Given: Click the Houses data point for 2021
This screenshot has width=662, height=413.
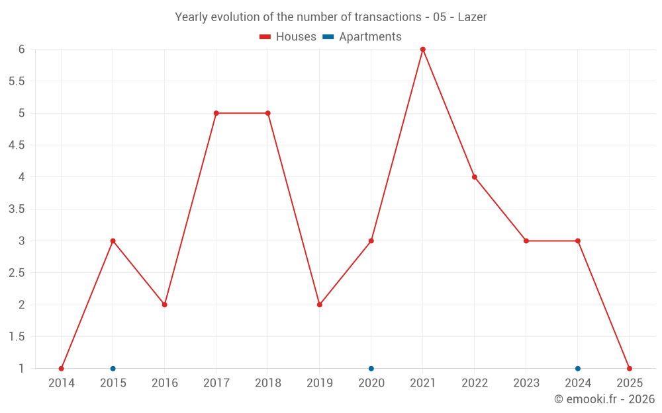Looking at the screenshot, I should tap(423, 50).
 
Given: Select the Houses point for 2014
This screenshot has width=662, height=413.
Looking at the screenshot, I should tap(62, 369).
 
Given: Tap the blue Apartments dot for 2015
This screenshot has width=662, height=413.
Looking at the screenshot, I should tap(113, 369).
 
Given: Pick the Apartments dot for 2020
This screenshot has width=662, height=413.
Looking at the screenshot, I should tap(371, 369).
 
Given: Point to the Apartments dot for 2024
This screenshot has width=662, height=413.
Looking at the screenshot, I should tap(578, 369).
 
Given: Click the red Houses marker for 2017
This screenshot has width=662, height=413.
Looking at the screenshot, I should tap(216, 113).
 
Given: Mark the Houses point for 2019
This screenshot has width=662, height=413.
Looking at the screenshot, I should tap(320, 305).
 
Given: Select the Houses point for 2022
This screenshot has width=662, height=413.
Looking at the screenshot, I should tap(475, 177).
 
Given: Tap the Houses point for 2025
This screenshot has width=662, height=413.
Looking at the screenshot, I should tap(630, 369).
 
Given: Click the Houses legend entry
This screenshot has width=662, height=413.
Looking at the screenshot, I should tap(288, 37).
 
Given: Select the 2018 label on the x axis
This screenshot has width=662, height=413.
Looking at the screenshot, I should tap(268, 383).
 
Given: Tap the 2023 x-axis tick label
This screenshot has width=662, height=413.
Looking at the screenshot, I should tap(526, 383).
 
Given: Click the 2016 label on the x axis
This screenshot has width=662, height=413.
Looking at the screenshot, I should tap(165, 383).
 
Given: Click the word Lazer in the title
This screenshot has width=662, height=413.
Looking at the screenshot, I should tap(473, 17).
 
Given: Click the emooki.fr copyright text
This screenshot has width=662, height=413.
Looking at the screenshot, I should tap(604, 399).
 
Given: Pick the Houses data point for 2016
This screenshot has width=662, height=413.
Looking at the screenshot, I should tap(165, 305).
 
